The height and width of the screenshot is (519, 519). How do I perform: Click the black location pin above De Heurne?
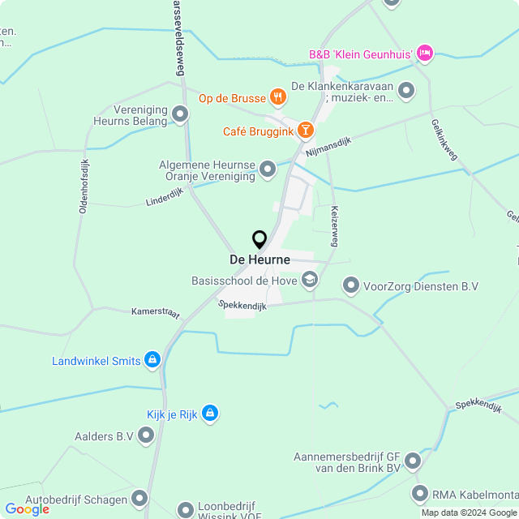pyautogui.click(x=259, y=240)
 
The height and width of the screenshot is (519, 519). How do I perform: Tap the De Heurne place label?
pyautogui.click(x=259, y=259)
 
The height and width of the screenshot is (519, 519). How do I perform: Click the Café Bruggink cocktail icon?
pyautogui.click(x=305, y=130)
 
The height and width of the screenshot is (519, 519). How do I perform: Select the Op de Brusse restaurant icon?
pyautogui.click(x=279, y=98)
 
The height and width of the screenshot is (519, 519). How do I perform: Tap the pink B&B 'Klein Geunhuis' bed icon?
pyautogui.click(x=425, y=54)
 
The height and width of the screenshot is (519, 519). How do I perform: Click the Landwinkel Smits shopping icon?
pyautogui.click(x=152, y=360)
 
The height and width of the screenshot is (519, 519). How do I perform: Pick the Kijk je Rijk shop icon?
pyautogui.click(x=210, y=414)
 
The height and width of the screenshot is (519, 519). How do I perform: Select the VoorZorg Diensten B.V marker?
pyautogui.click(x=351, y=285)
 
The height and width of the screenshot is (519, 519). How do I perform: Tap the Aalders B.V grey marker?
pyautogui.click(x=146, y=436)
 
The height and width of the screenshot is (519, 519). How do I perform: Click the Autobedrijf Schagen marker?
pyautogui.click(x=140, y=498)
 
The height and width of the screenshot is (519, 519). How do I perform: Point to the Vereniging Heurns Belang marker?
pyautogui.click(x=180, y=115)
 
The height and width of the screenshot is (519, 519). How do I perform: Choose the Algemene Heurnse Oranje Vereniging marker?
pyautogui.click(x=268, y=169)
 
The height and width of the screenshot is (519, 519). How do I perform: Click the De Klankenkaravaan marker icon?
pyautogui.click(x=406, y=90)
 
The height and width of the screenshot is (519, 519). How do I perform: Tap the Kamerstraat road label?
pyautogui.click(x=156, y=313)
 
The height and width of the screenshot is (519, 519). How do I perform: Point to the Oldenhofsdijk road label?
pyautogui.click(x=83, y=186)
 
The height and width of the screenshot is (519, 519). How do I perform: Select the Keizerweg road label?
pyautogui.click(x=332, y=226)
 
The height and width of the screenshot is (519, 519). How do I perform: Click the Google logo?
pyautogui.click(x=27, y=509)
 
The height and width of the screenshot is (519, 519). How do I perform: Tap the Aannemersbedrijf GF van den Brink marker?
pyautogui.click(x=413, y=461)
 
